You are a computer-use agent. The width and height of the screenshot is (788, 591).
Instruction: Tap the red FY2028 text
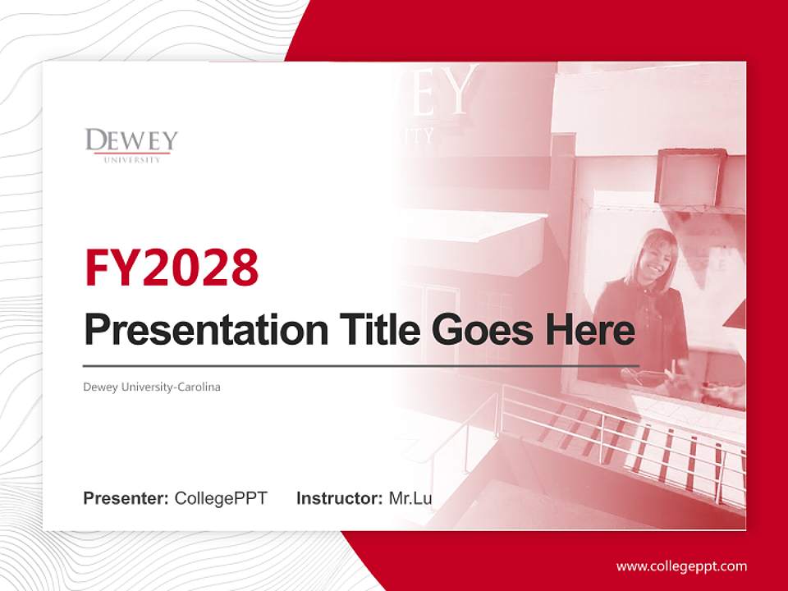172,268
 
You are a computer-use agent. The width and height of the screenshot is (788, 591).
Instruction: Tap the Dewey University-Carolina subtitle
152,387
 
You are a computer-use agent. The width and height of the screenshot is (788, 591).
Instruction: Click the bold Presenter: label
126,498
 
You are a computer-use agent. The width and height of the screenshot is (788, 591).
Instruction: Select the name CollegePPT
221,498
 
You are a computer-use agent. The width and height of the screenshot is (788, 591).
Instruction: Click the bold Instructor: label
339,498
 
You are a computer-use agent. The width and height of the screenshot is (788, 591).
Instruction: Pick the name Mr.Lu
410,498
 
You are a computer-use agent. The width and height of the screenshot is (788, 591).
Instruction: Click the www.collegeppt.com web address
681,566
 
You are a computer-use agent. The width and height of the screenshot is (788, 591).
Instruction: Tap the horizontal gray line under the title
361,365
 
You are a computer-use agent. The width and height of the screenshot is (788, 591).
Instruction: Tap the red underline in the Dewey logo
131,153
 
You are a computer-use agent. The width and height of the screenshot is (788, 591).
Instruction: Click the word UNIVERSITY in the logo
132,159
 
